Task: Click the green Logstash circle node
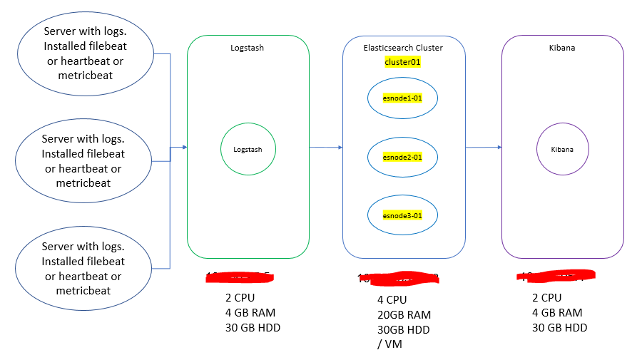pyautogui.click(x=248, y=149)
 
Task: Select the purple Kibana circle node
pyautogui.click(x=561, y=149)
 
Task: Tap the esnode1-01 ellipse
pyautogui.click(x=402, y=98)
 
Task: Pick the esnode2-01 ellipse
pyautogui.click(x=402, y=157)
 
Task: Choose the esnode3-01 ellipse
pyautogui.click(x=402, y=215)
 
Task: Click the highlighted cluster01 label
pyautogui.click(x=402, y=62)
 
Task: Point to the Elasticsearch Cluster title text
pyautogui.click(x=403, y=48)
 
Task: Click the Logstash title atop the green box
pyautogui.click(x=248, y=48)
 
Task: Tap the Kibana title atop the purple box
pyautogui.click(x=562, y=48)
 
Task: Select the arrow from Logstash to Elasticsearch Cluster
pyautogui.click(x=326, y=148)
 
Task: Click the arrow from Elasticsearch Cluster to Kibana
pyautogui.click(x=484, y=148)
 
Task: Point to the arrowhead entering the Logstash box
pyautogui.click(x=184, y=148)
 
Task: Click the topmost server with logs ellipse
pyautogui.click(x=83, y=53)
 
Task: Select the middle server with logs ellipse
pyautogui.click(x=83, y=161)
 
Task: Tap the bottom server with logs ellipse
pyautogui.click(x=83, y=269)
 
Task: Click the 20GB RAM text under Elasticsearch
pyautogui.click(x=404, y=315)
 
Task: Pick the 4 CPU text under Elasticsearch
pyautogui.click(x=392, y=300)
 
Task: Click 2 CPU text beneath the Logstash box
pyautogui.click(x=240, y=298)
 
